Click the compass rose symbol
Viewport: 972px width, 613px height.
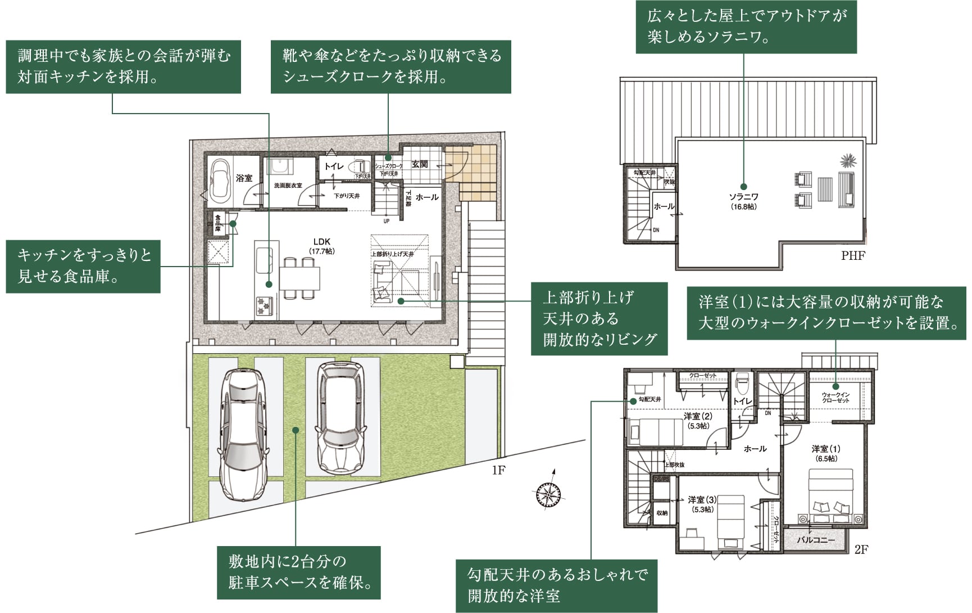point(547,494)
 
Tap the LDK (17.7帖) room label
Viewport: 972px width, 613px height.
point(322,246)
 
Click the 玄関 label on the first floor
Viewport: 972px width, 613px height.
point(419,164)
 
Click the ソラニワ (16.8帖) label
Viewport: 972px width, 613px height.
point(743,201)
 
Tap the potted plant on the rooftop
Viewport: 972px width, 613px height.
point(848,161)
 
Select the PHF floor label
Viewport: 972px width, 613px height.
point(853,256)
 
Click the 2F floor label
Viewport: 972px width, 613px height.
point(861,549)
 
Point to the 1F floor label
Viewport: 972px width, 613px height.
point(498,470)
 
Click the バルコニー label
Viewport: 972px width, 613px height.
point(816,540)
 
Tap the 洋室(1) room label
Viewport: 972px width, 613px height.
point(826,453)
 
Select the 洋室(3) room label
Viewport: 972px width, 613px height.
point(702,504)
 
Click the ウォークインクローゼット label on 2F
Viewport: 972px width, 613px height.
point(835,398)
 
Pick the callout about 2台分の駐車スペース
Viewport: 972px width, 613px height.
point(299,572)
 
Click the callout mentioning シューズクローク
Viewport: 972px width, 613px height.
point(390,66)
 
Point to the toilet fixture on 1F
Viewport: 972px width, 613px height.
point(358,167)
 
